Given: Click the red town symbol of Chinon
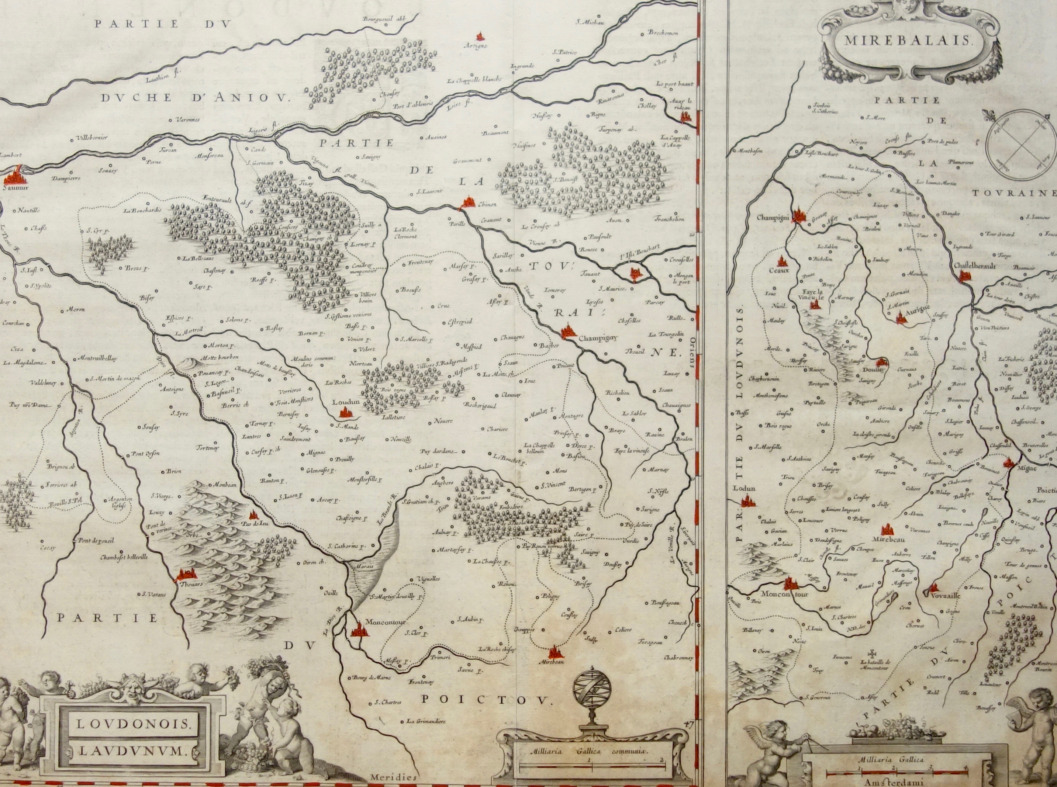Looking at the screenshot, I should click(468, 204).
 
